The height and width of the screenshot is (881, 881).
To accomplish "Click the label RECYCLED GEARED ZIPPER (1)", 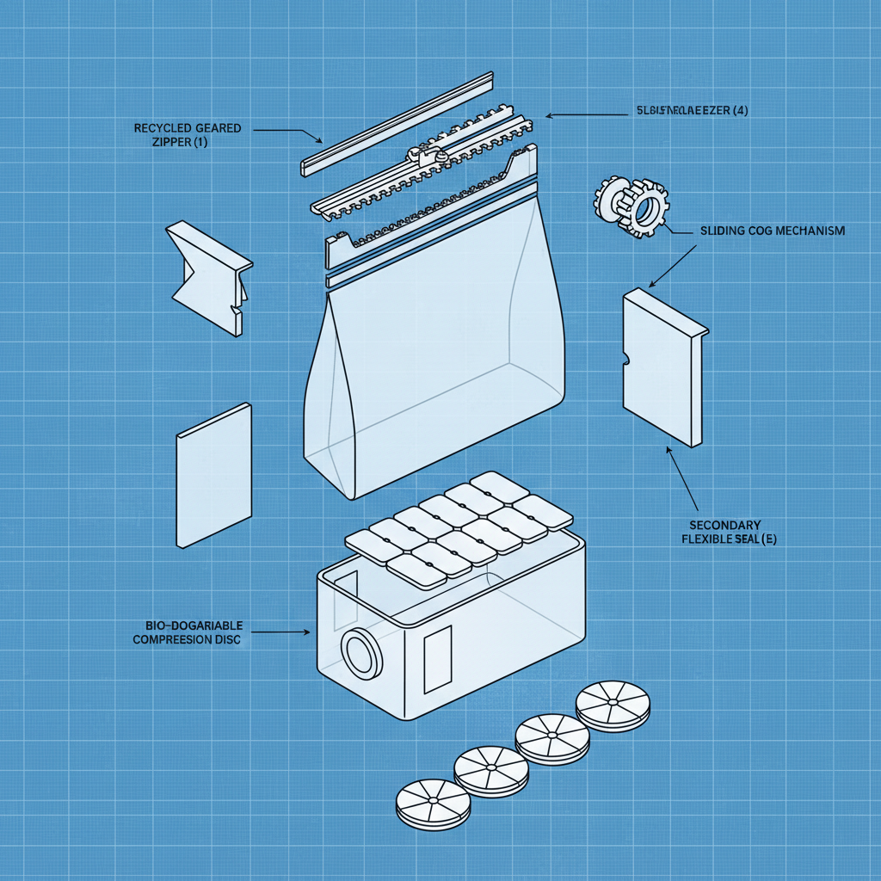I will point(188,135).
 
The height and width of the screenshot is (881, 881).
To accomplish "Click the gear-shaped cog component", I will point(632,205).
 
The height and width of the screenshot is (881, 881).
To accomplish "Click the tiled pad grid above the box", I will point(459,522).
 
